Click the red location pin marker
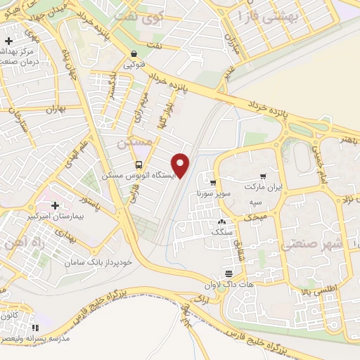coord(181,165)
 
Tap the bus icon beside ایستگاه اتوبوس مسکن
coord(138,164)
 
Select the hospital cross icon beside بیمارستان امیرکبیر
coord(56,205)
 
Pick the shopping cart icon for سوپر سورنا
coord(213,183)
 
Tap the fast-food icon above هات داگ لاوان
coord(228,273)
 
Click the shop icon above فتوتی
coord(134,53)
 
